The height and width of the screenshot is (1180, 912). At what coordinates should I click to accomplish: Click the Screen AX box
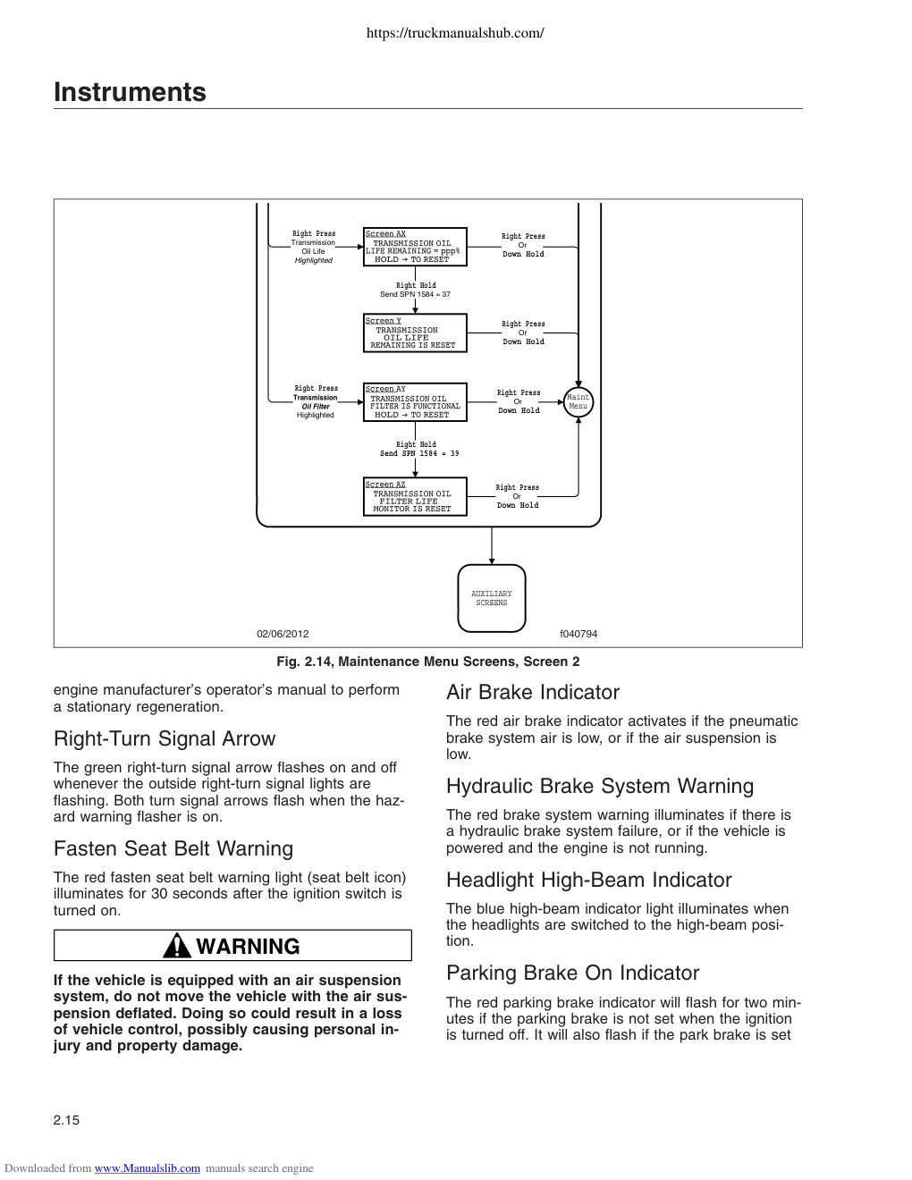[x=415, y=247]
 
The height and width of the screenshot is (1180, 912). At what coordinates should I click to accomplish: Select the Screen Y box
[x=415, y=333]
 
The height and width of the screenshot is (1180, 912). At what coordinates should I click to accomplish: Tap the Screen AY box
[x=415, y=402]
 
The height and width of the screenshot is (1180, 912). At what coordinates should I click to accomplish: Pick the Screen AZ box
[x=415, y=496]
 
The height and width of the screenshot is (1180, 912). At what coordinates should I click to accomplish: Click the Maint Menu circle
[x=578, y=402]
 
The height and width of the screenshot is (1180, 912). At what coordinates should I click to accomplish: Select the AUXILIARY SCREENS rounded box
[x=492, y=598]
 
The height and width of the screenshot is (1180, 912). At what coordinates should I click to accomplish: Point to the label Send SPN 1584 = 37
[x=415, y=294]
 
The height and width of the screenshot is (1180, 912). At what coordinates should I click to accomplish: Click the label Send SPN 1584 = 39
[x=419, y=453]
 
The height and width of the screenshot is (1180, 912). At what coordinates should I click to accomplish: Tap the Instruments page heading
[x=130, y=92]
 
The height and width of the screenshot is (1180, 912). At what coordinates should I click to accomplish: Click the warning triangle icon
[x=177, y=946]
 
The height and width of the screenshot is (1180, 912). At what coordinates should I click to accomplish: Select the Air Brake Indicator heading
[x=532, y=693]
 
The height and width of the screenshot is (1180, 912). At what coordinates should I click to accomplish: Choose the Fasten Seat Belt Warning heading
[x=173, y=848]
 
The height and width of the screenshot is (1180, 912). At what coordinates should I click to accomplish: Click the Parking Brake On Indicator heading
[x=572, y=973]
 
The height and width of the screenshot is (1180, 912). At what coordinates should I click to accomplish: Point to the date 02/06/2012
[x=283, y=634]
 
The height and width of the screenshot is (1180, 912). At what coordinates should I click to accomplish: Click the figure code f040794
[x=578, y=634]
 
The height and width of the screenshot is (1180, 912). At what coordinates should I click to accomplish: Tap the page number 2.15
[x=66, y=1120]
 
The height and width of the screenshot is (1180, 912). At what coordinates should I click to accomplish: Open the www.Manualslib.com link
[x=148, y=1168]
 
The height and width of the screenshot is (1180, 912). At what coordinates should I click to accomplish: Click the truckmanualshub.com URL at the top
[x=455, y=33]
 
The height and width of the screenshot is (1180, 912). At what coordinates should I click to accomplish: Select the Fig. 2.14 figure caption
[x=428, y=662]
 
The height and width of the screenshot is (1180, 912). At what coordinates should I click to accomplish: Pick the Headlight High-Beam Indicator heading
[x=589, y=880]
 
